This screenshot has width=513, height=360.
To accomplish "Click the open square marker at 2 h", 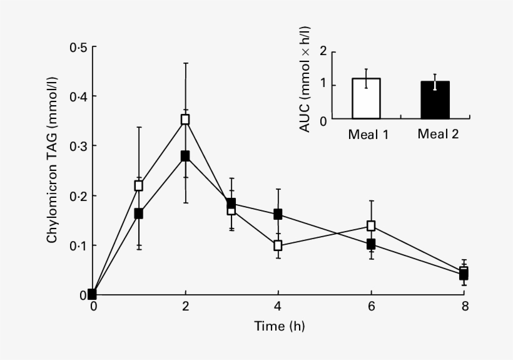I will tap(185, 119).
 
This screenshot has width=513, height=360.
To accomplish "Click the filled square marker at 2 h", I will tap(185, 156).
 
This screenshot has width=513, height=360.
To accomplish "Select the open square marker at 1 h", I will tap(139, 185).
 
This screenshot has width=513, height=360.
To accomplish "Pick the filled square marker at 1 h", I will tap(139, 213).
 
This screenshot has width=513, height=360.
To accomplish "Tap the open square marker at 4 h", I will tap(278, 245).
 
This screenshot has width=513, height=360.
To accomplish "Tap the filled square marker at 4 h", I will tap(278, 214).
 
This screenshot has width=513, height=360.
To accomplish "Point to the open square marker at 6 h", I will tap(371, 225).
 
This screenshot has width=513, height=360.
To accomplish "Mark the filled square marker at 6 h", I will tap(371, 244).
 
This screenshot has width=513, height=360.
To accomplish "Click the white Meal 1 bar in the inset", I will tap(366, 99).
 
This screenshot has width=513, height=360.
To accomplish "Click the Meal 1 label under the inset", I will tap(368, 134).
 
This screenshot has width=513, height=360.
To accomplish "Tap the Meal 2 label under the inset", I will tap(438, 134).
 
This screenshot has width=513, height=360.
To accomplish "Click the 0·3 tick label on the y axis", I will tap(79, 146).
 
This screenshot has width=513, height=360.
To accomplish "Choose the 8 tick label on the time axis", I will tap(464, 307).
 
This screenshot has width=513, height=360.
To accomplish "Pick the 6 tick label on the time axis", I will tap(371, 307).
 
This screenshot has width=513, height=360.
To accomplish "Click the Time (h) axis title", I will tap(280, 326).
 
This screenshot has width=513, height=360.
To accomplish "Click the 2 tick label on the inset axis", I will tap(323, 51).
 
